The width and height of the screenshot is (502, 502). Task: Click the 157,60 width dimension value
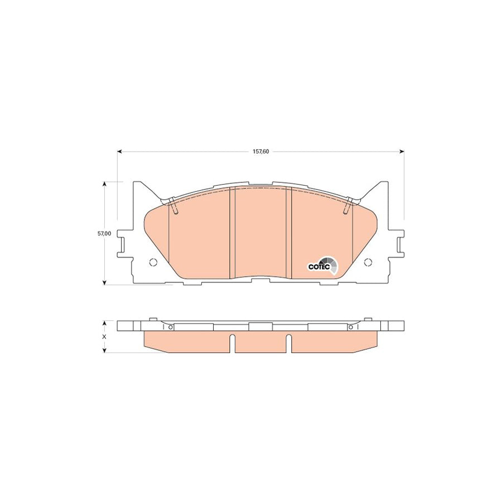[x=260, y=152]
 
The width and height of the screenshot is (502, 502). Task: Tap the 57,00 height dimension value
[x=103, y=234]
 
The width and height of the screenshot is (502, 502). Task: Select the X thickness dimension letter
[x=104, y=337]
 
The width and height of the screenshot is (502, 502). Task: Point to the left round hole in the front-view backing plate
[x=154, y=263]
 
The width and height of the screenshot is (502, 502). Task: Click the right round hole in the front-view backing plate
[x=367, y=263]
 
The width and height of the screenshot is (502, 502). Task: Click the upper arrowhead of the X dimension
[x=104, y=323]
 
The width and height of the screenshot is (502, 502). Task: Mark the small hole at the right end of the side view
[x=351, y=328]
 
